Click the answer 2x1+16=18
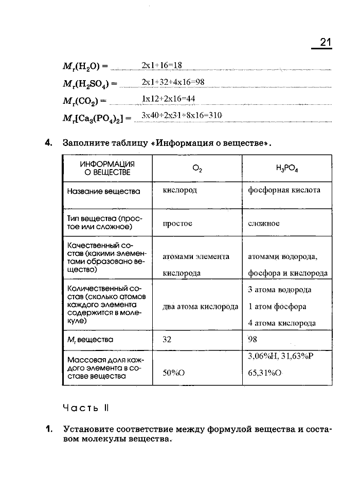click(x=163, y=65)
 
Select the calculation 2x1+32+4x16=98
click(x=173, y=82)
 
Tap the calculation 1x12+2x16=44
click(x=168, y=99)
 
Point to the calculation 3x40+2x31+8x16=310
click(x=182, y=116)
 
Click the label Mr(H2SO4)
click(x=89, y=83)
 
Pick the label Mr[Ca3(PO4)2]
click(x=97, y=117)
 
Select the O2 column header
click(x=197, y=168)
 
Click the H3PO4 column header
click(x=286, y=168)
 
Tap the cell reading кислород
click(x=179, y=190)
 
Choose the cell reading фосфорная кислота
click(x=284, y=190)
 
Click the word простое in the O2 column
click(x=177, y=224)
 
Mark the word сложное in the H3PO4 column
click(x=264, y=224)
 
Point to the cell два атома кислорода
click(x=200, y=307)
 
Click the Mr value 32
click(x=167, y=339)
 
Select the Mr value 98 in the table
click(x=253, y=339)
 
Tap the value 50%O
click(x=174, y=374)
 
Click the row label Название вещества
click(x=104, y=191)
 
